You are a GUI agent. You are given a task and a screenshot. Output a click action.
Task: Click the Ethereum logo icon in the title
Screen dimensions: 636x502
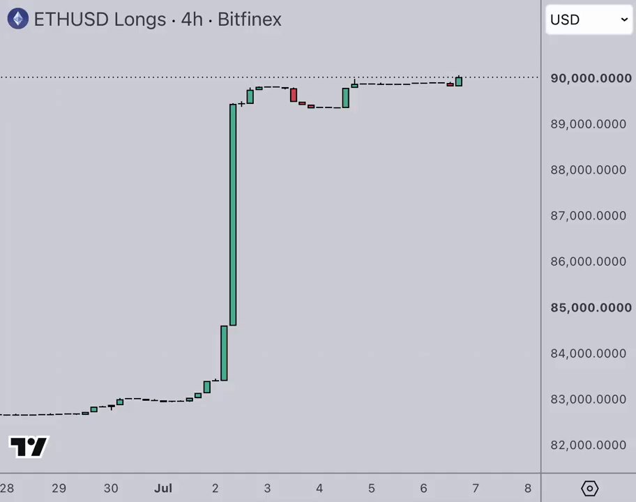click(18, 19)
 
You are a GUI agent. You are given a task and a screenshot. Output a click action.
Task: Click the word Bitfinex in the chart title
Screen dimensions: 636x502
click(250, 19)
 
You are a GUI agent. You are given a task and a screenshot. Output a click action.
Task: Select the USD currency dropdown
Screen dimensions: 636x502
click(589, 20)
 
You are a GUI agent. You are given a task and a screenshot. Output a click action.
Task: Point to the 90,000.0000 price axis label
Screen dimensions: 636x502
click(591, 78)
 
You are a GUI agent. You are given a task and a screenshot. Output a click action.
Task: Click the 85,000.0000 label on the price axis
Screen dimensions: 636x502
click(591, 307)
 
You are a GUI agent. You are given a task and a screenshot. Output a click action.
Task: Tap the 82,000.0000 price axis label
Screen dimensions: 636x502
click(588, 445)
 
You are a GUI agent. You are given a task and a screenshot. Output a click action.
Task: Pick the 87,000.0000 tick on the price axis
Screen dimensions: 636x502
click(588, 215)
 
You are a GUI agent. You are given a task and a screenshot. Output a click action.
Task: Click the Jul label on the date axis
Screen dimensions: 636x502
click(163, 488)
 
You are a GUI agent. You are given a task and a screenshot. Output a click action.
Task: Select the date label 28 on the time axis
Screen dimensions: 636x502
click(7, 488)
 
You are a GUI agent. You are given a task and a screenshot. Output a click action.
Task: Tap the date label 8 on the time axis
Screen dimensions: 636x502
click(528, 488)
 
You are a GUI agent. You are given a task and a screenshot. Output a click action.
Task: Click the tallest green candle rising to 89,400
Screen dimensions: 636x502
click(233, 215)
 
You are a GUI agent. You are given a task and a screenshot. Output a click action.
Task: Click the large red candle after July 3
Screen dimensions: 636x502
click(294, 95)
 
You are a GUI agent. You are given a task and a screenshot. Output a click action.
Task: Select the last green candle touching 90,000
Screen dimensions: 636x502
click(459, 81)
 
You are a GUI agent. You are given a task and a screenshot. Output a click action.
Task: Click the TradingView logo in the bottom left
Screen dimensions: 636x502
click(29, 447)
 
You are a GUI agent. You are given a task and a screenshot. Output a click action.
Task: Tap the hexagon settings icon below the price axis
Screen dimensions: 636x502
click(589, 488)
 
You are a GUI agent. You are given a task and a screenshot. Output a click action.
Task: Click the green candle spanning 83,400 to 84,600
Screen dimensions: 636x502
click(224, 353)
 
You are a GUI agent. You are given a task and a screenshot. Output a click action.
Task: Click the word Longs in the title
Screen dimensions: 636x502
click(140, 20)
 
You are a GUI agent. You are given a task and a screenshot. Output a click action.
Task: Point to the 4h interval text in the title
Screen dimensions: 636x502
click(192, 19)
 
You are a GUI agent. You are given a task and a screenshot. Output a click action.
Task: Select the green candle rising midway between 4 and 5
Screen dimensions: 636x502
click(346, 98)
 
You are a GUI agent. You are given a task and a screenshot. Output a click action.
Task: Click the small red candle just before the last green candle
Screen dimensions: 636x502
click(450, 85)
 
